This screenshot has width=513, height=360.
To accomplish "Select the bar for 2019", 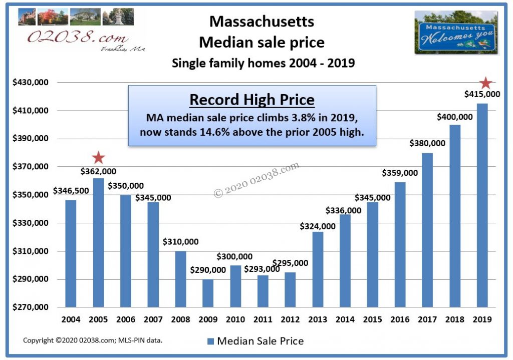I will coord(482,205).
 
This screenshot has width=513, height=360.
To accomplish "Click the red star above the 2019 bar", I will coord(485,83).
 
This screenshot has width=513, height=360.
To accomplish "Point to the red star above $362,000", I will coord(98,158).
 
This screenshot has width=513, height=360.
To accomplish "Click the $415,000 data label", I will coord(482,94).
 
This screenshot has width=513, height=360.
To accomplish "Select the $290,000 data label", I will coord(208,270).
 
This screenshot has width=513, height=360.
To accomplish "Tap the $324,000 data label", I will coord(318,226).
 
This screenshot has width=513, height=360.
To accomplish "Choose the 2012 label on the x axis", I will coord(290,319).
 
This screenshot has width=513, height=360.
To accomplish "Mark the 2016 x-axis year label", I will coord(400,319).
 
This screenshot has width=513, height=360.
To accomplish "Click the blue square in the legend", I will coord(210,341).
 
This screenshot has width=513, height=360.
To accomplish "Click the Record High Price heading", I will coord(251,100).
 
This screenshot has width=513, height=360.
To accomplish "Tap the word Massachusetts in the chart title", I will coord(262,21).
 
